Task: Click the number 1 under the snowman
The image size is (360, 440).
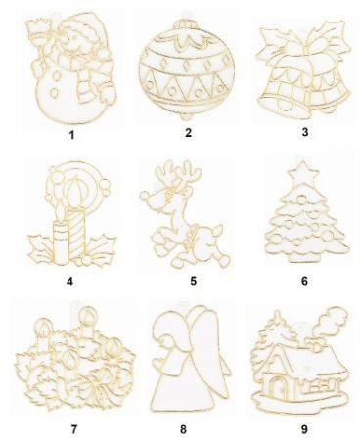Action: point(71,134)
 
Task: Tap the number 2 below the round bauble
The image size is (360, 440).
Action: point(188,132)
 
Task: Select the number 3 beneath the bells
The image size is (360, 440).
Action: point(305,132)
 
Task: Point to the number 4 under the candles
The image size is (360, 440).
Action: point(69,281)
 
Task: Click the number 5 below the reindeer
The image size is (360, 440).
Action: point(194,281)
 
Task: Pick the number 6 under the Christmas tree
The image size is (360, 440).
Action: point(304,281)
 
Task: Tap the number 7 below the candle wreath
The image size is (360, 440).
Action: point(74,429)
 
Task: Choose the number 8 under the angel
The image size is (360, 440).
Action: point(183,429)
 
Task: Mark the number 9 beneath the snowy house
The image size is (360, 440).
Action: point(304,429)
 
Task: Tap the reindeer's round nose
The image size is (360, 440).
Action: point(145,196)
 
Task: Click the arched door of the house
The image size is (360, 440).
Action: point(278,384)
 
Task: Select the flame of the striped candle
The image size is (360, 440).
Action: point(75,190)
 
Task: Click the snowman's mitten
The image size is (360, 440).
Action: point(108,92)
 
